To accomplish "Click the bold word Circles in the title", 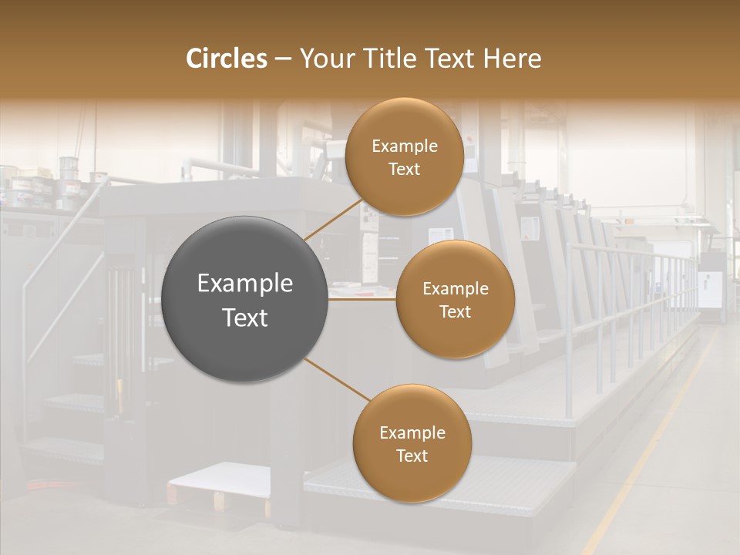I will click(226, 59).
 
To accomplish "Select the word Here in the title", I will click(513, 59).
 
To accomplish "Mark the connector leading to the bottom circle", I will click(336, 379).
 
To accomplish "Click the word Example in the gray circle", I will click(244, 284).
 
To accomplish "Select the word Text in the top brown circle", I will click(404, 170).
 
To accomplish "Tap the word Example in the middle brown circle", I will click(455, 289).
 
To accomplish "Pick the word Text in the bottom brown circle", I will click(412, 456).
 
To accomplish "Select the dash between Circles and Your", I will click(283, 59).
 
